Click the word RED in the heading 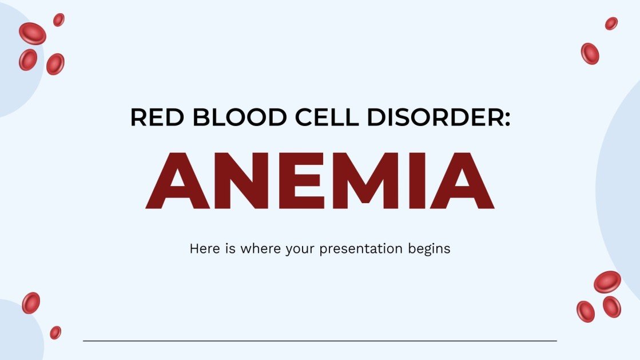154,117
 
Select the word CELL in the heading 318,117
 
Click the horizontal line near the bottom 320,341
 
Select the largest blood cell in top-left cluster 32,34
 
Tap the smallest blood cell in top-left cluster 58,20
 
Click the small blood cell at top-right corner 611,23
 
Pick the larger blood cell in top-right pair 590,54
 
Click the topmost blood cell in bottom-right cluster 607,282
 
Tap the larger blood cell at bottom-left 31,303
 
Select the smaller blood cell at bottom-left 55,332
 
